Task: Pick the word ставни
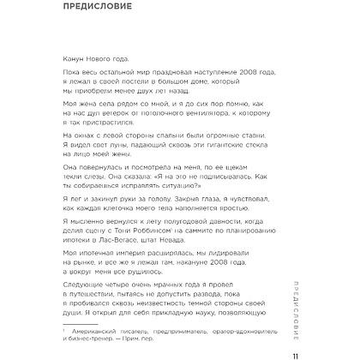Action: tap(253, 135)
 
